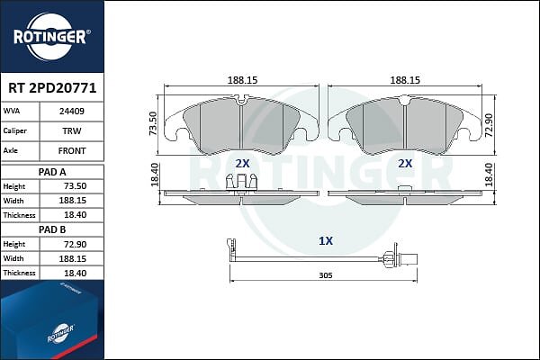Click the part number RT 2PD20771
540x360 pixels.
click(52, 88)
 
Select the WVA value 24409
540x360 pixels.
click(72, 112)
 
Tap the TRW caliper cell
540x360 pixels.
click(72, 130)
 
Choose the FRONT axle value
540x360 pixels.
click(72, 151)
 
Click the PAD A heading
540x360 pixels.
click(52, 172)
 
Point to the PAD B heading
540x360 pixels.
click(52, 229)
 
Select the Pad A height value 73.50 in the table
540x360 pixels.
click(75, 186)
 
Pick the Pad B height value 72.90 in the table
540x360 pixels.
click(75, 244)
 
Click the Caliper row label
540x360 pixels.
click(14, 130)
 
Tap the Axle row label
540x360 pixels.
click(10, 150)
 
